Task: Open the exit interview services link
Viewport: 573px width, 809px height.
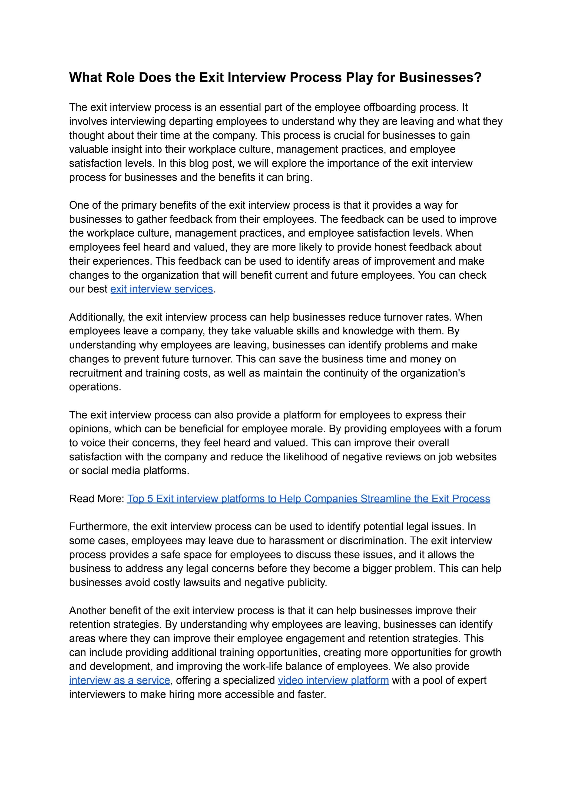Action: (162, 289)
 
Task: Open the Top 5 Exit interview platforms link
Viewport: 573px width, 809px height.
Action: (308, 499)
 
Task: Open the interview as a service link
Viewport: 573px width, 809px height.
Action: (120, 680)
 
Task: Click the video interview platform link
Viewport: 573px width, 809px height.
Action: (333, 680)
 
